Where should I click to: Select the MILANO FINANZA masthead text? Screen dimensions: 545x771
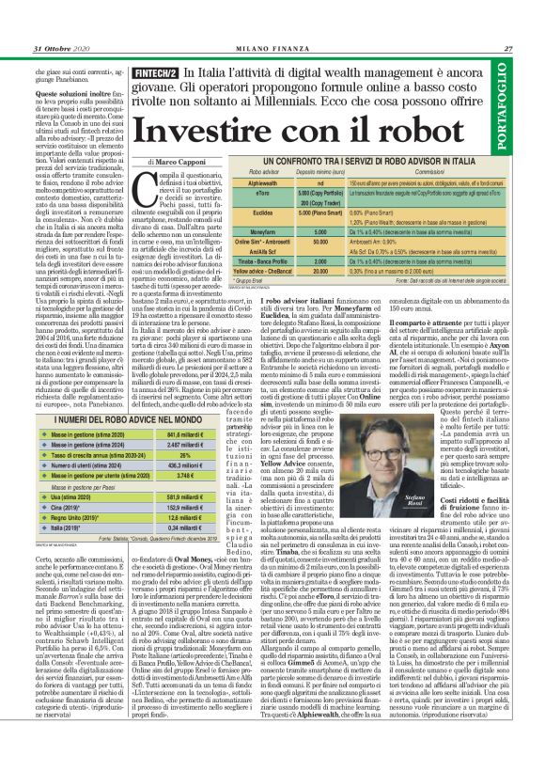[x=272, y=49]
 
